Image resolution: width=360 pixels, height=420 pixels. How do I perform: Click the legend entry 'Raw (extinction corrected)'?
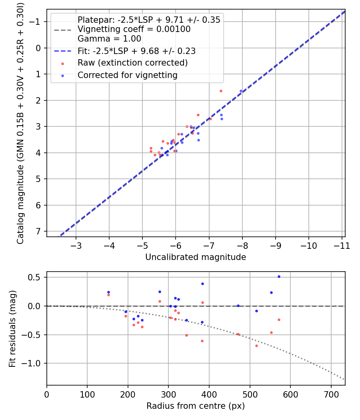(132, 63)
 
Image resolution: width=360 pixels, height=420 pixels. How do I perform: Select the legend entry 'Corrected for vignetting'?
(127, 75)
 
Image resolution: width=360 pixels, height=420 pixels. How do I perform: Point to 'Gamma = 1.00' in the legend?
(109, 39)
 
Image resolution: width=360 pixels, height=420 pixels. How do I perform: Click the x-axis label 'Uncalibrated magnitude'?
(196, 257)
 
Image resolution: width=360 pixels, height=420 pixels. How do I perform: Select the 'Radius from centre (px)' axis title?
(196, 406)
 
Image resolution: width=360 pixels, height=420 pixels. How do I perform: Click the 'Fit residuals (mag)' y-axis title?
(12, 329)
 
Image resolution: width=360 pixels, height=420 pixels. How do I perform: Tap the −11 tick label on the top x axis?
(341, 245)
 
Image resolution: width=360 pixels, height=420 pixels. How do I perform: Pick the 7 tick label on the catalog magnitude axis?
(38, 232)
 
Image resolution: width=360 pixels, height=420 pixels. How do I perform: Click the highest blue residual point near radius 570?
(279, 276)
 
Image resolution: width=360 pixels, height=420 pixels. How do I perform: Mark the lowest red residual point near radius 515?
(256, 346)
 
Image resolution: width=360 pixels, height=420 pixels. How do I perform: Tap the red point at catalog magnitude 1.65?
(220, 91)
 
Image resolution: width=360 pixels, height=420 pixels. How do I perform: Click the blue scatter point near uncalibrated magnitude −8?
(241, 91)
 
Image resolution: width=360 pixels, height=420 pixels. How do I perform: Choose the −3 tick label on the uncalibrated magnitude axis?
(76, 245)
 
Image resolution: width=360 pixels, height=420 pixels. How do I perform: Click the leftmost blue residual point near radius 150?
(108, 292)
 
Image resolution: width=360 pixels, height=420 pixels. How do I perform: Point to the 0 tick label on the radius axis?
(47, 394)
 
